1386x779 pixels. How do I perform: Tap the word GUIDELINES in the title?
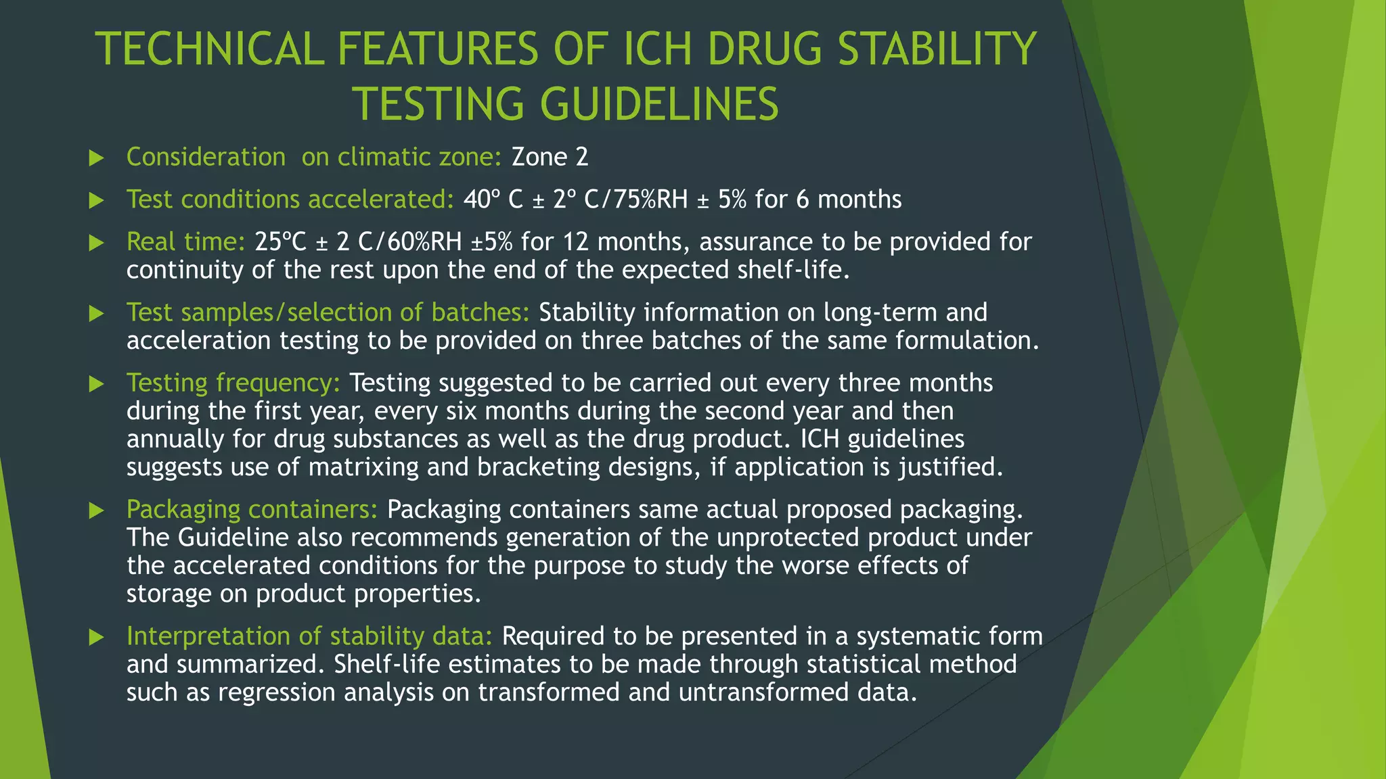click(x=659, y=104)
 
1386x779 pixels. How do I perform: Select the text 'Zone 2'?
click(x=550, y=157)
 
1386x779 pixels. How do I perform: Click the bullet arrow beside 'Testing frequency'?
click(x=97, y=384)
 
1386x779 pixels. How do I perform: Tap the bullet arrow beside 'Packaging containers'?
click(x=97, y=511)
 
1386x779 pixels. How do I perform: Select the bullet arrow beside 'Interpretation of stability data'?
click(x=97, y=637)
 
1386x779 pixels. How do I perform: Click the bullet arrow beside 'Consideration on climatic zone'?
click(x=97, y=158)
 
